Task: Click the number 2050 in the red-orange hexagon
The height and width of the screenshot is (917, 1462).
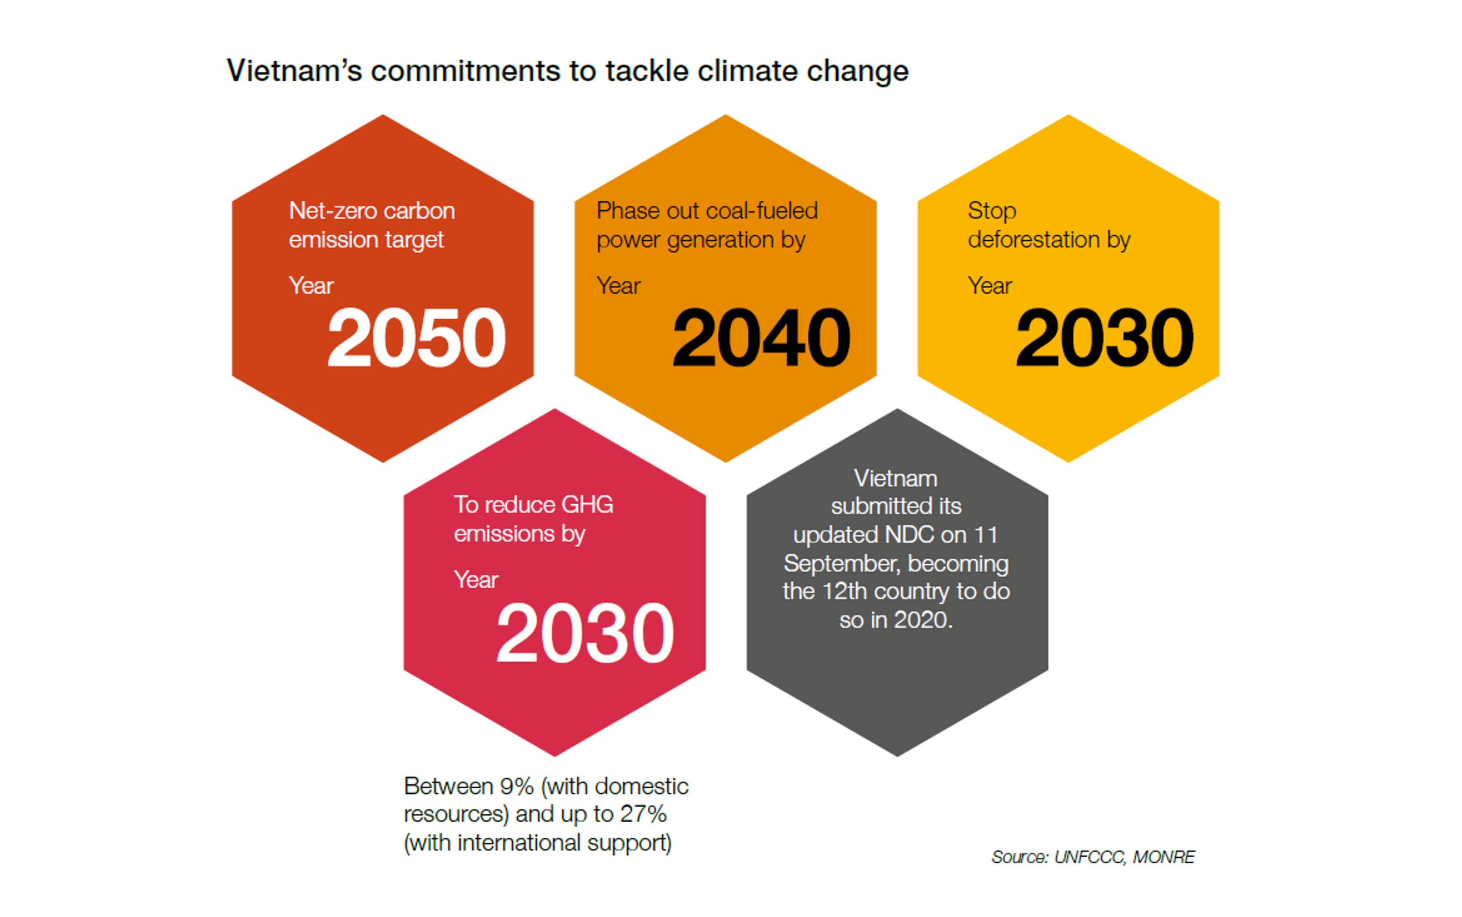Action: [x=416, y=338]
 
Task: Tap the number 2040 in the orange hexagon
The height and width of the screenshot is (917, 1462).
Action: [x=761, y=338]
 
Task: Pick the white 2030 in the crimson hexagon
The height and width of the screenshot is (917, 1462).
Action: [x=584, y=633]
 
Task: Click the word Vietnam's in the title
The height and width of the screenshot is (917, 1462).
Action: [x=294, y=71]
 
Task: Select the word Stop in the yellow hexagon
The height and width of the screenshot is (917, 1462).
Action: [x=992, y=211]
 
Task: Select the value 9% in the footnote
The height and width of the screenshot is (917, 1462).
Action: [x=517, y=787]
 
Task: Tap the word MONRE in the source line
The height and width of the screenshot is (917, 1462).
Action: [x=1163, y=857]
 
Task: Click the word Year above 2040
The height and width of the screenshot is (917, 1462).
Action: [x=618, y=286]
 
